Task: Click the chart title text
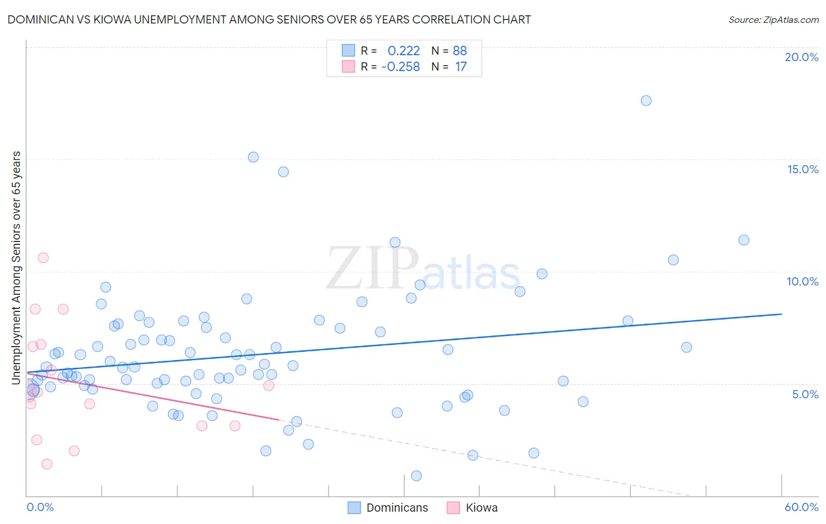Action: point(269,20)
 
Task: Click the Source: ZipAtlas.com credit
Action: point(773,20)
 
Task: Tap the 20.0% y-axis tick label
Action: point(801,57)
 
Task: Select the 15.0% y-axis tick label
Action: point(803,169)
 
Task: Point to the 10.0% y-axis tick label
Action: point(803,281)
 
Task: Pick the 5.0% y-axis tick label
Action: point(805,394)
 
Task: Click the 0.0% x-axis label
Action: point(40,507)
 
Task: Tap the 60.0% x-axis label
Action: point(801,507)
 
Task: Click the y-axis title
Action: point(16,268)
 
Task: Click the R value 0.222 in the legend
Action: point(404,51)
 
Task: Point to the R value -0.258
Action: point(401,67)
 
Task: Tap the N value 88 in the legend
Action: point(459,51)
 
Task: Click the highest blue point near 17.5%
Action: point(646,100)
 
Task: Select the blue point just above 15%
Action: point(253,157)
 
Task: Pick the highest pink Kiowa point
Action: point(43,257)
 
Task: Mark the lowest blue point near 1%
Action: point(417,476)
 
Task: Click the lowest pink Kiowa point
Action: point(47,464)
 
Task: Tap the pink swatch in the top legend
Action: point(348,66)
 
